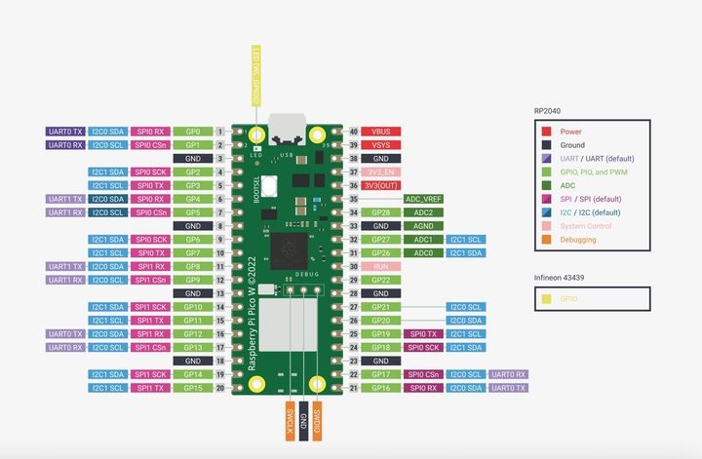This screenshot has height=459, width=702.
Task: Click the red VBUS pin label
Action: coord(381,131)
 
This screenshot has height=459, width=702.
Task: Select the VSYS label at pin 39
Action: coord(381,144)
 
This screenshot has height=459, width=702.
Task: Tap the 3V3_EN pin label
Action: coord(381,172)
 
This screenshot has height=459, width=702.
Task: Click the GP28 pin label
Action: coord(381,212)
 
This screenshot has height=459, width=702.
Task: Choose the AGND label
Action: coord(423,225)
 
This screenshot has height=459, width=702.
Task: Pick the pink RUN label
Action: coord(381,266)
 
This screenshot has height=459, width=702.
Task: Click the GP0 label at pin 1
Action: coord(192,131)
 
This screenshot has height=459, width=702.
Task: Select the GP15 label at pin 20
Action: coord(192,388)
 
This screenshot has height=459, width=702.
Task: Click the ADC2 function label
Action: coord(423,212)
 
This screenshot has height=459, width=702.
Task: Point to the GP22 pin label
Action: coord(381,280)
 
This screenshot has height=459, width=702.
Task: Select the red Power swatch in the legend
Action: coord(546,131)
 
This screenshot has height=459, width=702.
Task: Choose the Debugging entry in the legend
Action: coord(579,240)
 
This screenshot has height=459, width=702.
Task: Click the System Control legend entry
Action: coord(586,226)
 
